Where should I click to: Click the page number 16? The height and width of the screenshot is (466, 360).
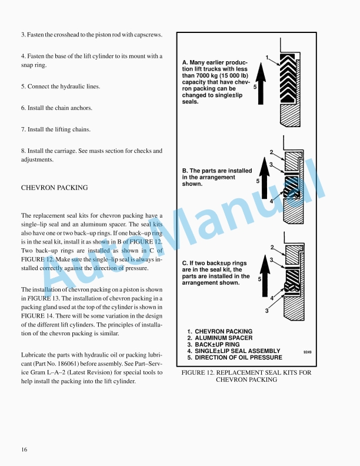tap(24, 450)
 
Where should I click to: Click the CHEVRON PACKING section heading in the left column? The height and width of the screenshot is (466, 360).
tap(54, 188)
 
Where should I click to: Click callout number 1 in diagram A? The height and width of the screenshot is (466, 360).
tap(267, 57)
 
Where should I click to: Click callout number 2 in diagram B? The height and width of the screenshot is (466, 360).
tap(271, 152)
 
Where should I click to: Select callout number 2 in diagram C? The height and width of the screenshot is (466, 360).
tap(272, 247)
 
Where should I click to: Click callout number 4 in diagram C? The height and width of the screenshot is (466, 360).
tap(271, 298)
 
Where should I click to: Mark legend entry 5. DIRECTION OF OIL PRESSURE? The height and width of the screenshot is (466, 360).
tap(235, 357)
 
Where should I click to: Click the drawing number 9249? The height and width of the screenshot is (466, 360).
tap(307, 351)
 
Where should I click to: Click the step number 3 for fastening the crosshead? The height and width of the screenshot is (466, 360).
tap(22, 35)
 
